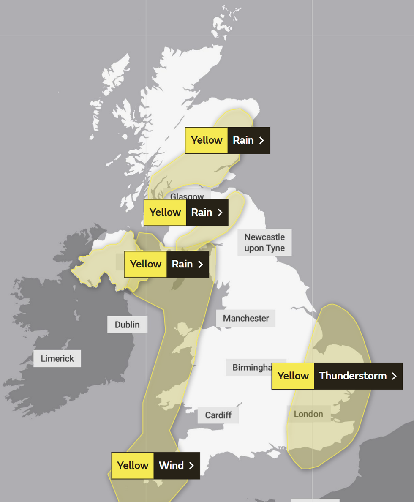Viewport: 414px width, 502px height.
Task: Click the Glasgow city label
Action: [x=187, y=196]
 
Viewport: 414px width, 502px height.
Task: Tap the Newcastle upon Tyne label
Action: [x=264, y=243]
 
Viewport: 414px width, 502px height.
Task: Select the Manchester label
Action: [x=246, y=318]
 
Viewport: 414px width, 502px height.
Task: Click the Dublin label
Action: [x=127, y=325]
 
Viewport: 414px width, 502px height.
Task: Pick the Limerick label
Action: [x=57, y=359]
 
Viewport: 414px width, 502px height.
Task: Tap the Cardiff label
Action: [x=218, y=415]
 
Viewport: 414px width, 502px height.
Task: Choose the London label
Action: [x=308, y=414]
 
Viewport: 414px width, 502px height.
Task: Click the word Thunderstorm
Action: [x=353, y=376]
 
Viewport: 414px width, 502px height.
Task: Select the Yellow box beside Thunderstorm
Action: [x=293, y=376]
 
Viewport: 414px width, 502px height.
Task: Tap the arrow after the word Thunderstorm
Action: [x=394, y=376]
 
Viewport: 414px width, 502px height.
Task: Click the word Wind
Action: [x=171, y=465]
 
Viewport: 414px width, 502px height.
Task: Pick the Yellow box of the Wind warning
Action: [x=133, y=465]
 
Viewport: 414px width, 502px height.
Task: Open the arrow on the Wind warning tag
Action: [x=191, y=465]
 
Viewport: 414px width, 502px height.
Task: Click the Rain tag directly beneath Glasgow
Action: [x=186, y=212]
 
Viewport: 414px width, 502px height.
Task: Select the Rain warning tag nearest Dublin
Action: [x=166, y=264]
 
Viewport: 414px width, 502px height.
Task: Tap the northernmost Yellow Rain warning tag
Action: [x=227, y=140]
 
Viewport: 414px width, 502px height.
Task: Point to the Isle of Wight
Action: [x=275, y=454]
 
